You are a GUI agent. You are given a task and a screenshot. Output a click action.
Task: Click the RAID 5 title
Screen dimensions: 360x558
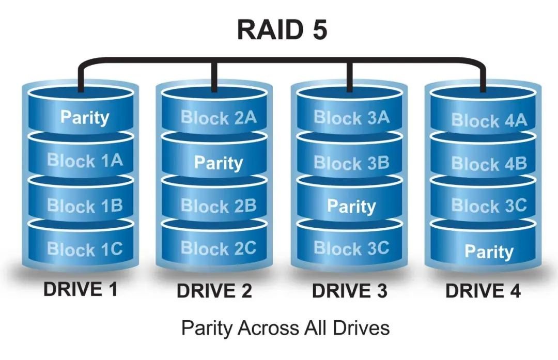(282, 30)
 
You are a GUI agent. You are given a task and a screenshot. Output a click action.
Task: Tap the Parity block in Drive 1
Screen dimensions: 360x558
(85, 117)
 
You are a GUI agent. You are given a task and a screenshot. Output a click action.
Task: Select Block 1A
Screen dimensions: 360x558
(85, 161)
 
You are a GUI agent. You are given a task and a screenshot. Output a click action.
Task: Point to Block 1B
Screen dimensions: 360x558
(85, 206)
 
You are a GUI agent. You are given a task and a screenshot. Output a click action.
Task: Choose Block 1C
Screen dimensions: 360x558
(85, 249)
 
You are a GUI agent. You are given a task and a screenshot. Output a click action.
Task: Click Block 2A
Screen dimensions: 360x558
(218, 118)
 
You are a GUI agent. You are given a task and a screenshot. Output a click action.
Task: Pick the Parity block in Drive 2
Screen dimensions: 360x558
(218, 163)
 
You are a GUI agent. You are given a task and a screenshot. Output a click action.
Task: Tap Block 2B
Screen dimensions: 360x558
(218, 206)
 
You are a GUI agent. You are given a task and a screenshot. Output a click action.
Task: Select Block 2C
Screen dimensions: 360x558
(218, 248)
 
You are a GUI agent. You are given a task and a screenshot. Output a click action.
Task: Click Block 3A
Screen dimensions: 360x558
(351, 118)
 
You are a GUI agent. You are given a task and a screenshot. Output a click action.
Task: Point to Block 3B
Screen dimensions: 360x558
(351, 163)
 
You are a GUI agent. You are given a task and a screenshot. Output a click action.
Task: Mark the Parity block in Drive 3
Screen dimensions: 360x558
(351, 207)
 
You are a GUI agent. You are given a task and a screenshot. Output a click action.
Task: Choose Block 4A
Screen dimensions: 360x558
(489, 120)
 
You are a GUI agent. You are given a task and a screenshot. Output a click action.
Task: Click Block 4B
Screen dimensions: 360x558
(489, 164)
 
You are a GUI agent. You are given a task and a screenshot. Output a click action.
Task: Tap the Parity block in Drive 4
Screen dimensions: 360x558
(489, 252)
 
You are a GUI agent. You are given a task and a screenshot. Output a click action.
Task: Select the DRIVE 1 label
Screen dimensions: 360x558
(80, 290)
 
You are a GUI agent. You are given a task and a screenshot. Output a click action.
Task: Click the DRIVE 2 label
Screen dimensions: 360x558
(214, 291)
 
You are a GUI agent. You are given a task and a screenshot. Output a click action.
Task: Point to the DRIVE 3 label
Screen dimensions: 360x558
(349, 291)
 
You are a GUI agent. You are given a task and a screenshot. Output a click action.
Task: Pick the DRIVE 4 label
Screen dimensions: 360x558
(483, 291)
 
